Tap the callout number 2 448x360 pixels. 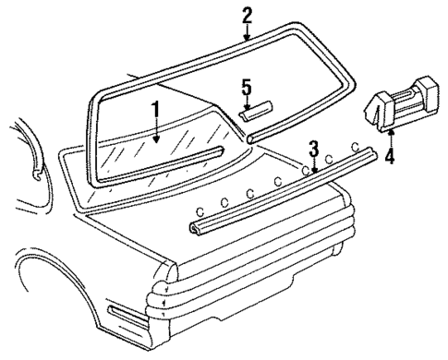pyautogui.click(x=247, y=15)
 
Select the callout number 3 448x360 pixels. pyautogui.click(x=314, y=149)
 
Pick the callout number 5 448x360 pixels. pyautogui.click(x=246, y=88)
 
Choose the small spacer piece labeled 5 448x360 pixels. pyautogui.click(x=256, y=110)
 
